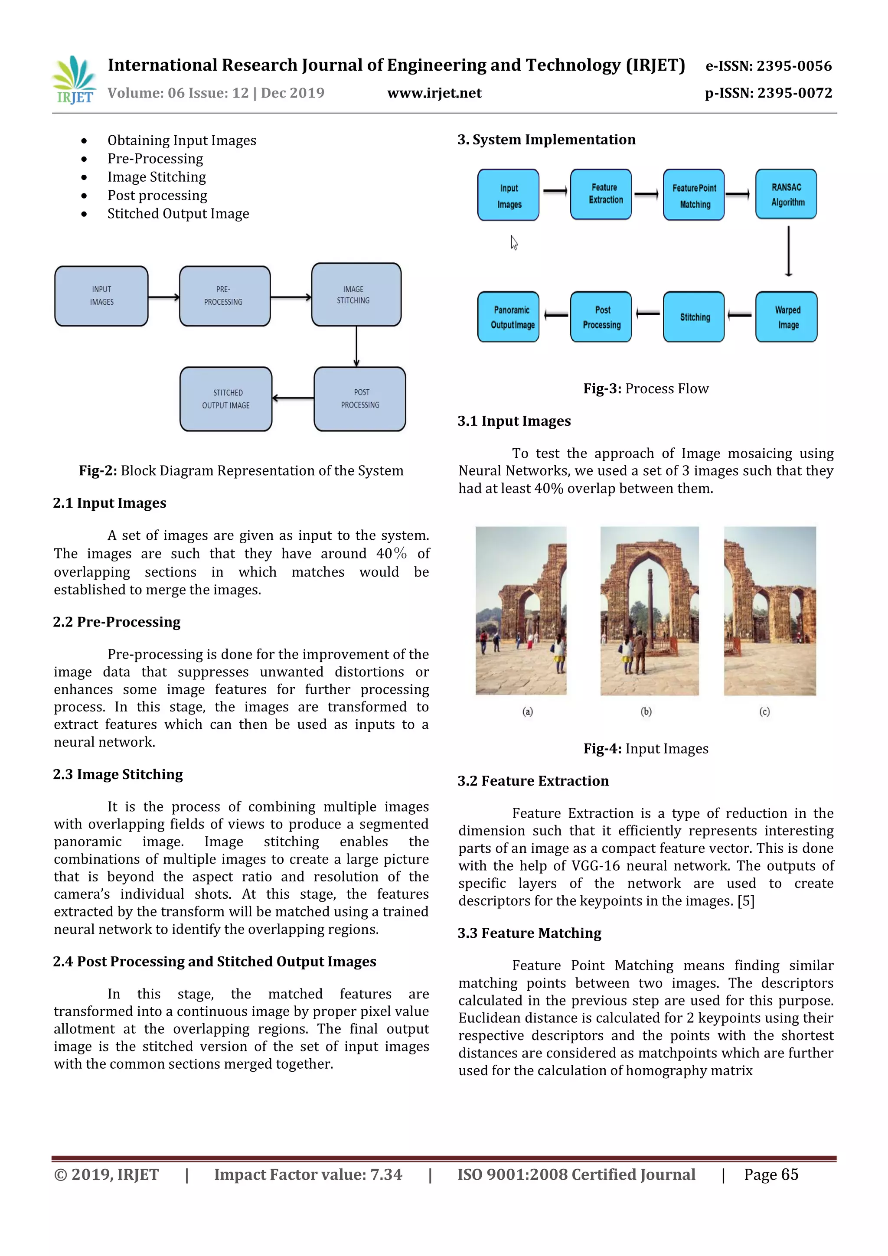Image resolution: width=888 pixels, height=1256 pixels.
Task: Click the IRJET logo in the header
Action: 74,80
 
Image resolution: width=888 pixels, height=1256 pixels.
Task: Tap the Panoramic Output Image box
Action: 508,317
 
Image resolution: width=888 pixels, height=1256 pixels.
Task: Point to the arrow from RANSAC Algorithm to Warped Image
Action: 788,251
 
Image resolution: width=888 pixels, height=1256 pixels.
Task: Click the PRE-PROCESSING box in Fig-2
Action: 224,296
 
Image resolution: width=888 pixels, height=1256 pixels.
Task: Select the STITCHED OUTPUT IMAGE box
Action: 225,399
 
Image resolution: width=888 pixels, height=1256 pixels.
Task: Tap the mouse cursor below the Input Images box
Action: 514,242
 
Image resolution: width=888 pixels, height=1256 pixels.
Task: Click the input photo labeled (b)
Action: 649,610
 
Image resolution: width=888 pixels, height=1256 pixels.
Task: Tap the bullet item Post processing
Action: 157,195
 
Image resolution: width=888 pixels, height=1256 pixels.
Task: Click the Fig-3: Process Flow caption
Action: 646,388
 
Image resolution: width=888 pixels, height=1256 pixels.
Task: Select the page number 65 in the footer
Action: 789,1174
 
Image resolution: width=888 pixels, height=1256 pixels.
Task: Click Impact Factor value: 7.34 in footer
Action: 307,1174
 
